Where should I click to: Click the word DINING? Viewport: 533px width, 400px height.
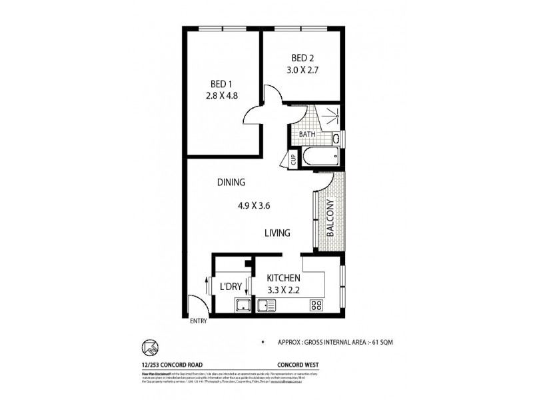pos(231,182)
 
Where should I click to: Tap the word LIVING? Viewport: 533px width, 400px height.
pos(276,233)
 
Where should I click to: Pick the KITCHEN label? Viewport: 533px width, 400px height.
pos(283,278)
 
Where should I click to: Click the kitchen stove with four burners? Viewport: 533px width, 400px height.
pos(316,306)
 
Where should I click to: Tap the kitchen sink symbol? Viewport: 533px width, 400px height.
pos(266,306)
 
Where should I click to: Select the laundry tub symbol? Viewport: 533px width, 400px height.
pos(241,306)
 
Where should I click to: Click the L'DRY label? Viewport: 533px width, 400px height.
pos(230,287)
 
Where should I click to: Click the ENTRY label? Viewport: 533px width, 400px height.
pos(199,321)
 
